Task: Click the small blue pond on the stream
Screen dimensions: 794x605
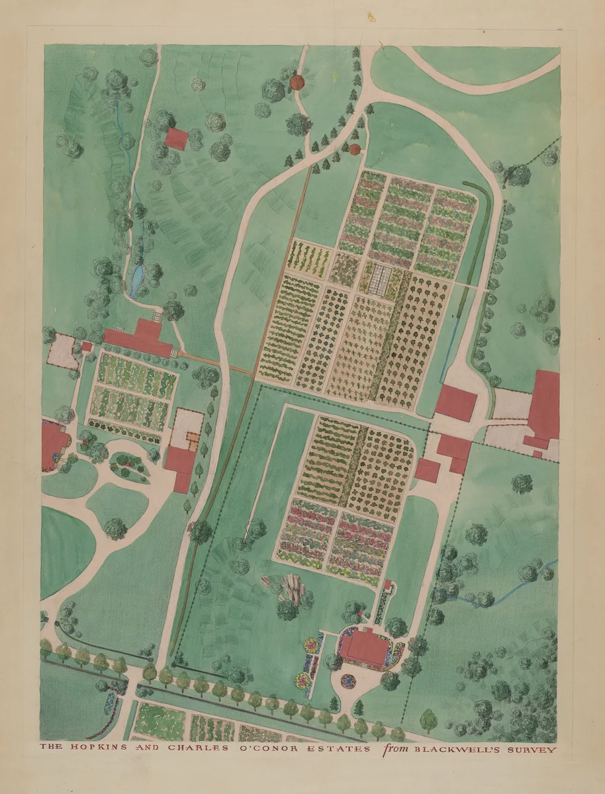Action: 138,281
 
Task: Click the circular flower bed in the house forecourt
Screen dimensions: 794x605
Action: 348,680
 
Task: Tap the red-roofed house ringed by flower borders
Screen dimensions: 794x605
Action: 365,647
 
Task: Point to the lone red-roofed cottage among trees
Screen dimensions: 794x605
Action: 177,138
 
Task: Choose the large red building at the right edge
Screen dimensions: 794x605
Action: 544,404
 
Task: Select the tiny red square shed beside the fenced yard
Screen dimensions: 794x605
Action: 85,347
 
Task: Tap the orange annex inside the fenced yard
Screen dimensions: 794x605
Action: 191,440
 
